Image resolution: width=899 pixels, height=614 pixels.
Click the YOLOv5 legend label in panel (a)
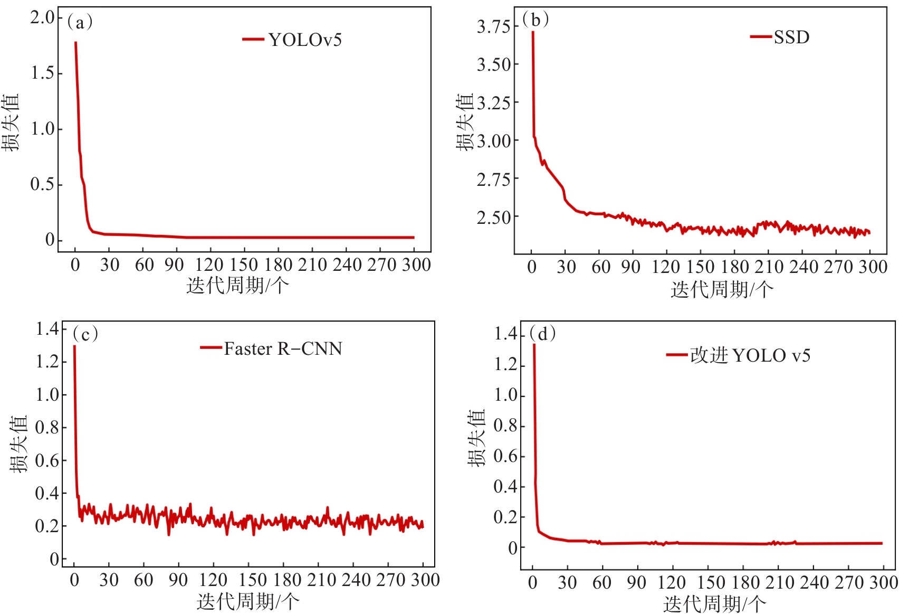305,40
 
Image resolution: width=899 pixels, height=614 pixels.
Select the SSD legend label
791,37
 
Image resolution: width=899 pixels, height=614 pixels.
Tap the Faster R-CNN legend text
283,349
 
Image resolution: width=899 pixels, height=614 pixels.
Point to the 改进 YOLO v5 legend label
750,356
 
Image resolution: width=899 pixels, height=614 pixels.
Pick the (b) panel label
535,20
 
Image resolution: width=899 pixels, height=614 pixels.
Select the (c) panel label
85,334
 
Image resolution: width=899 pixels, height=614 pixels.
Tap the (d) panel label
542,334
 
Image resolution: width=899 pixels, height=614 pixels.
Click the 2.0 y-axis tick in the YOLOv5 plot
42,18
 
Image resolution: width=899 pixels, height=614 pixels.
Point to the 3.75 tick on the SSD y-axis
494,27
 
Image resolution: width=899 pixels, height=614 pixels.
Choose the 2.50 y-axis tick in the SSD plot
494,218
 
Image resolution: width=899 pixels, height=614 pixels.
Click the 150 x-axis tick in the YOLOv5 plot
244,265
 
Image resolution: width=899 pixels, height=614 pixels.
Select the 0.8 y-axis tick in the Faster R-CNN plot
47,428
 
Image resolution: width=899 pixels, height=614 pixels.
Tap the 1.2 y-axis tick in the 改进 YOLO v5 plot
506,365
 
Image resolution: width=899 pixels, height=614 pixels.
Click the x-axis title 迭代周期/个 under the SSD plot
722,289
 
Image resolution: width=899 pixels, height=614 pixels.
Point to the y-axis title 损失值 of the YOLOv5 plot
11,122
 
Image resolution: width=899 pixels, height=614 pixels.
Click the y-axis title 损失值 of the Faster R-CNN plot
18,443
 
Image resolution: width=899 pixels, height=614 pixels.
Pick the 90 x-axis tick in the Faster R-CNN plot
178,580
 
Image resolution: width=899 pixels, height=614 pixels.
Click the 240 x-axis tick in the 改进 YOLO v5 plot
813,583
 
